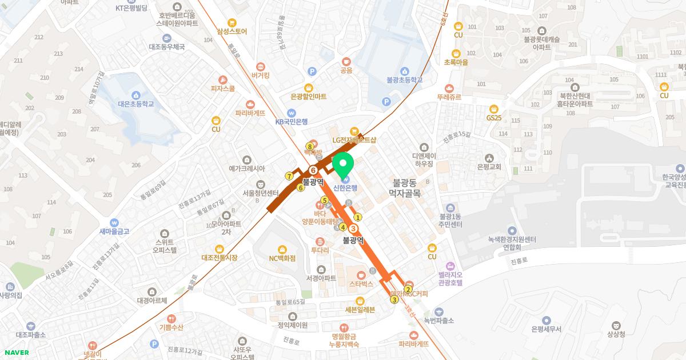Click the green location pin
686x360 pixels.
(x=343, y=165)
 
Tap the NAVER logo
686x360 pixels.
(x=16, y=353)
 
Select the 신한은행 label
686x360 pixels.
(x=345, y=188)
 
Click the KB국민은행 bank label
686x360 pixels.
(x=292, y=121)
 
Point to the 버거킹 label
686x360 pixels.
(x=260, y=75)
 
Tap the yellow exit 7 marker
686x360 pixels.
(x=289, y=176)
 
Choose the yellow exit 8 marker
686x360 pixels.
(x=309, y=146)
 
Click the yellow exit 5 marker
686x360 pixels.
(x=324, y=200)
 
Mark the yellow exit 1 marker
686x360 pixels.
(x=358, y=217)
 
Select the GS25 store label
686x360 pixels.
(x=494, y=117)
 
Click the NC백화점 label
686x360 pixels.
(x=282, y=258)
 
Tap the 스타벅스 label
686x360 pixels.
(x=361, y=283)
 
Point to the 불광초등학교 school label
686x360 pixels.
(x=404, y=80)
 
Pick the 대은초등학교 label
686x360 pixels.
(x=136, y=104)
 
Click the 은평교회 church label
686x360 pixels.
(x=489, y=167)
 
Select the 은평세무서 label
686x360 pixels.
(x=546, y=329)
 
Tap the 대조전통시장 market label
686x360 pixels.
(x=220, y=258)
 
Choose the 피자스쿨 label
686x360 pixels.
(x=223, y=89)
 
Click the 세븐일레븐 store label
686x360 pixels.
(x=360, y=310)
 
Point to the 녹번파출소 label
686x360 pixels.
(x=438, y=321)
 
